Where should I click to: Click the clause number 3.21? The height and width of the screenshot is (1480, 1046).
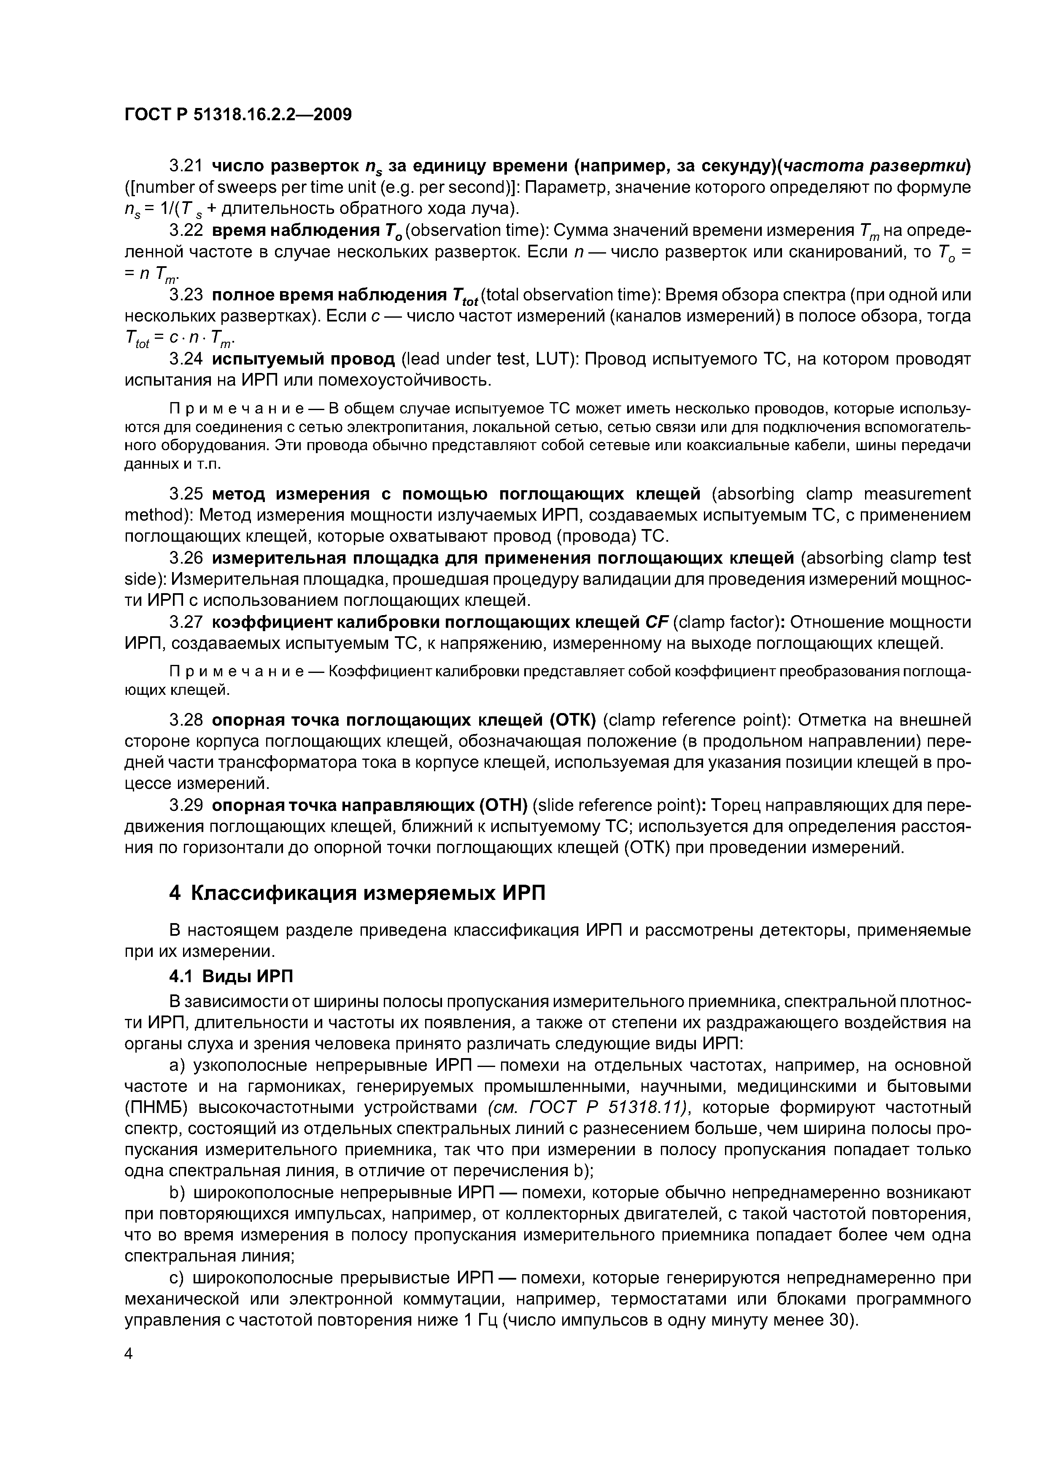click(x=186, y=166)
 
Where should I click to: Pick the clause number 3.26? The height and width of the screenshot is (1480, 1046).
click(x=186, y=558)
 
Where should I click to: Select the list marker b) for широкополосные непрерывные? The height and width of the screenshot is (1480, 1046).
click(x=177, y=1193)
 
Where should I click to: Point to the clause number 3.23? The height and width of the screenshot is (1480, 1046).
click(x=186, y=294)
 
